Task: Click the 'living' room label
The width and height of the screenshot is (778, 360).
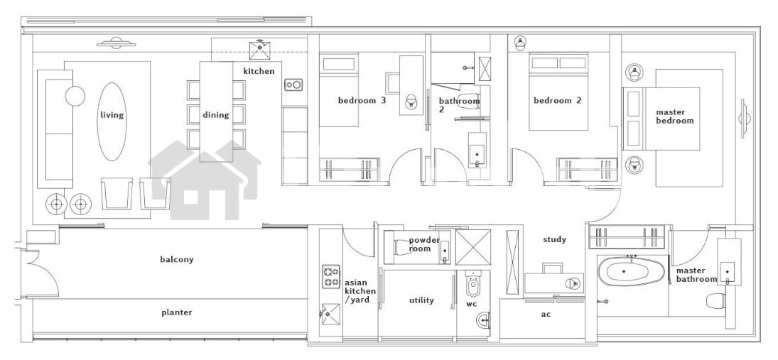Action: click(x=112, y=115)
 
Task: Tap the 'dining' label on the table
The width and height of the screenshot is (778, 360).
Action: click(x=216, y=115)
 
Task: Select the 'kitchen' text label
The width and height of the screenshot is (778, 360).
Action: click(x=259, y=71)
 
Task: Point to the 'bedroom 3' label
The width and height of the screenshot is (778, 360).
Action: click(x=362, y=100)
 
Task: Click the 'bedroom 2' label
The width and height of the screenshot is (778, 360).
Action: click(x=557, y=100)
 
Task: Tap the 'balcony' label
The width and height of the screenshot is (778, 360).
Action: click(x=177, y=259)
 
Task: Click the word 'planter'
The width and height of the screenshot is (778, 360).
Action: click(x=177, y=312)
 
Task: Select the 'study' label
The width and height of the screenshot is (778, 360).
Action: click(x=554, y=239)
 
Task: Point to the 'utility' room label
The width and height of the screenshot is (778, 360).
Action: click(x=421, y=300)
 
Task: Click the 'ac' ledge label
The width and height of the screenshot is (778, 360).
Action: click(x=546, y=314)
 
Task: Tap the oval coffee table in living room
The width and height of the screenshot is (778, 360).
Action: click(x=112, y=121)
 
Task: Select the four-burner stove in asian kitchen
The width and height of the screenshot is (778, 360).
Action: click(x=331, y=277)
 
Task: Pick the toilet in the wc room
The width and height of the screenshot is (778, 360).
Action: click(x=472, y=285)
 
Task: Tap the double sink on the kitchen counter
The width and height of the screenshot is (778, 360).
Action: click(x=293, y=84)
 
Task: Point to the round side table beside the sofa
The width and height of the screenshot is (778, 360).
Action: click(x=75, y=96)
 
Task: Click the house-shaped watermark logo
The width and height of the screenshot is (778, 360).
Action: click(x=205, y=180)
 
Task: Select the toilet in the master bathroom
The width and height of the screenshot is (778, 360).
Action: click(x=714, y=300)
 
